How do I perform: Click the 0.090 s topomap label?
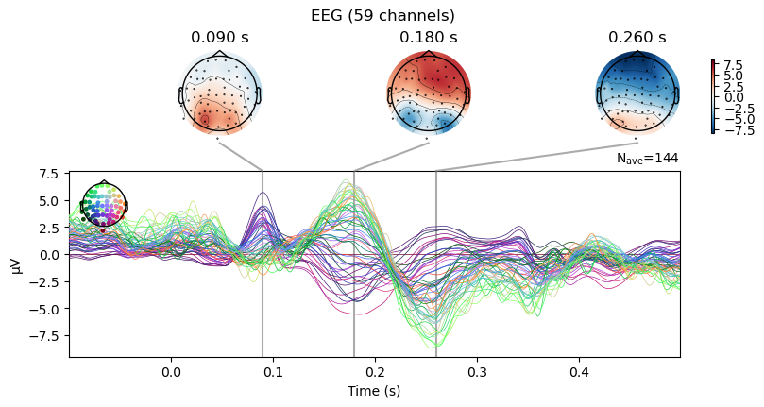click(219, 38)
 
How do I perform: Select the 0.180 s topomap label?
click(429, 38)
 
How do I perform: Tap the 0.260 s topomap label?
click(637, 38)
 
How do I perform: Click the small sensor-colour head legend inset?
click(104, 205)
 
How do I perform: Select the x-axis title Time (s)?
click(373, 391)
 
